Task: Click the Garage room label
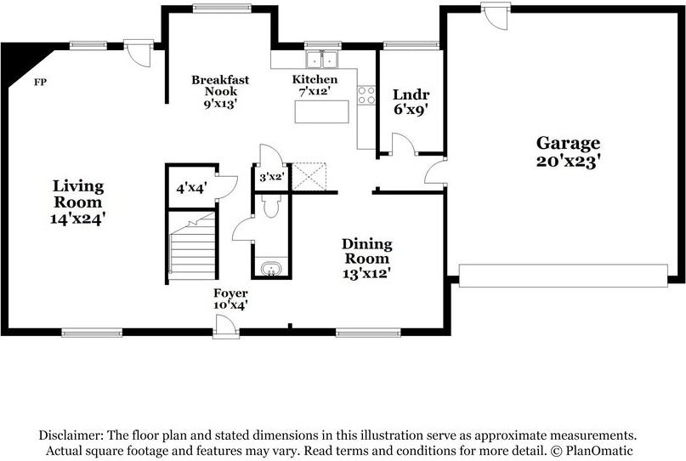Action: point(568,152)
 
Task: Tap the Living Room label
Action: point(78,202)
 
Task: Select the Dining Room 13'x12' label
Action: point(366,259)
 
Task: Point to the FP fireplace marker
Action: point(40,82)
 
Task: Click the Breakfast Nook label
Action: point(220,92)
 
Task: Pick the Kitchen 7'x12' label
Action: point(315,85)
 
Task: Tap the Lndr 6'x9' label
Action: point(411,101)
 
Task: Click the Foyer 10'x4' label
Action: point(230,299)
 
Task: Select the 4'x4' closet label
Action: point(191,188)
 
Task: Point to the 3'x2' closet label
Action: point(272,177)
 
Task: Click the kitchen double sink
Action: point(322,60)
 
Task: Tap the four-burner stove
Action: point(366,95)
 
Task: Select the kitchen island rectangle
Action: point(322,111)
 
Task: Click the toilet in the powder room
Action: point(271,205)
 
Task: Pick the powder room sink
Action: point(271,268)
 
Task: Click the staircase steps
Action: point(192,246)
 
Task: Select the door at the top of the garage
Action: point(496,15)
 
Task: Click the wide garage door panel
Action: point(564,276)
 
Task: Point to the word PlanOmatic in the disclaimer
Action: point(599,451)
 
